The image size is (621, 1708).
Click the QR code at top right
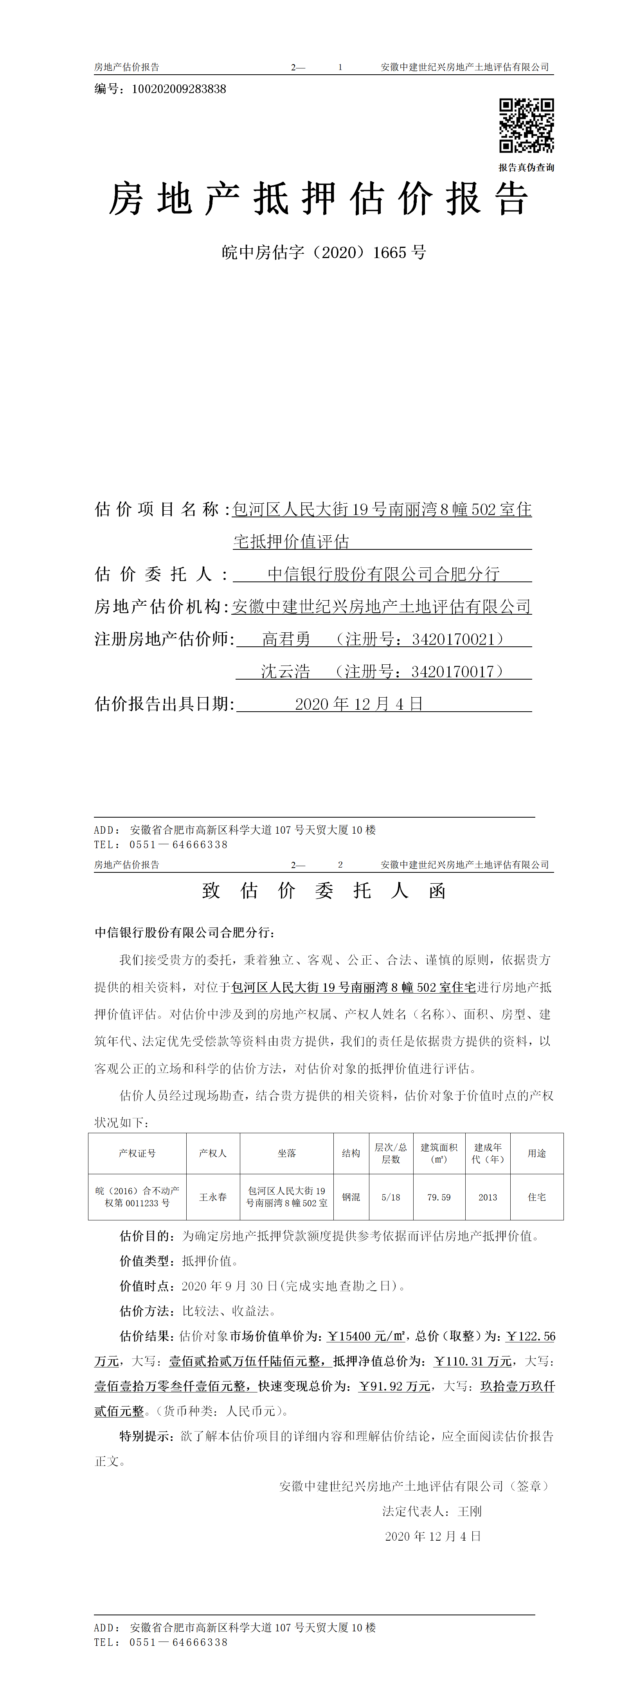[x=526, y=125]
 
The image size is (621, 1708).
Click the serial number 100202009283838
[x=179, y=89]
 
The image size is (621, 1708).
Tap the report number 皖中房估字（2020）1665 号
[x=324, y=253]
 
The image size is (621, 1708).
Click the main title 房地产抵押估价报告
[x=319, y=199]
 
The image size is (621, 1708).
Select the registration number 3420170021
[x=453, y=639]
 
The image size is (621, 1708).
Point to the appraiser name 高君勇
[x=286, y=639]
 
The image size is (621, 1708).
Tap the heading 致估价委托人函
[x=324, y=890]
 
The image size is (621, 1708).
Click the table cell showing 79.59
[x=439, y=1197]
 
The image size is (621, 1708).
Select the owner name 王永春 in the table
[x=213, y=1197]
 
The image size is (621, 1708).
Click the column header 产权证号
[x=137, y=1154]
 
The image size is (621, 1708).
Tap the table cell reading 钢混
[x=351, y=1197]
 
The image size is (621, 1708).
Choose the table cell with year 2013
[x=488, y=1197]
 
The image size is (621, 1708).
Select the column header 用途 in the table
[x=537, y=1154]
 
